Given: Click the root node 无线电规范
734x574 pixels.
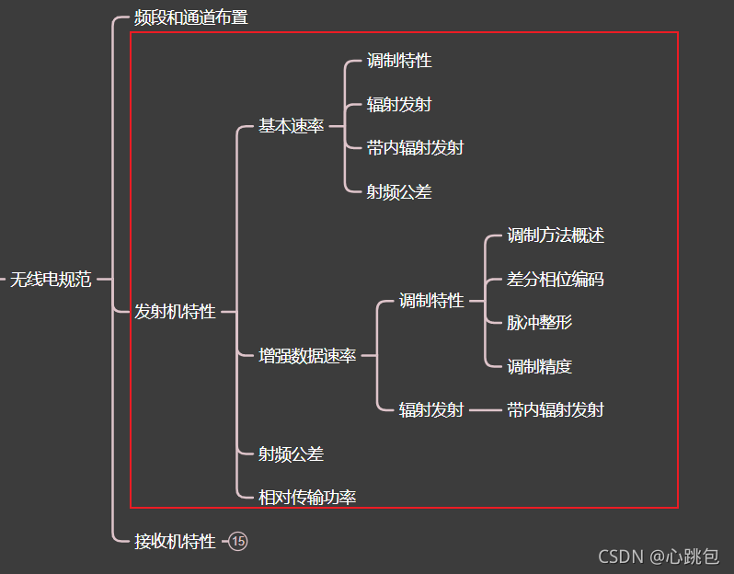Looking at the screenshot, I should click(51, 280).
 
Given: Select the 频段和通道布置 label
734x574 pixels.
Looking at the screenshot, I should click(190, 17).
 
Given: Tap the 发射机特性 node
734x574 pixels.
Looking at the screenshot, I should click(175, 312).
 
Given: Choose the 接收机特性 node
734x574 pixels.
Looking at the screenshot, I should click(175, 541).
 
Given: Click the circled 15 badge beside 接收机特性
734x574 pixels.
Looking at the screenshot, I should click(238, 541).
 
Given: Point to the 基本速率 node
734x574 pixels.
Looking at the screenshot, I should click(291, 126).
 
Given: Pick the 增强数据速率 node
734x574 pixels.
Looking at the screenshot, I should click(307, 356).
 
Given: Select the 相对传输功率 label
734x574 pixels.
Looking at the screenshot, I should click(307, 498).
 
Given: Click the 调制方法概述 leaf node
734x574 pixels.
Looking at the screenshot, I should click(556, 235).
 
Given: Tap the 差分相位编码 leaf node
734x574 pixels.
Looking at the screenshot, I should click(556, 280).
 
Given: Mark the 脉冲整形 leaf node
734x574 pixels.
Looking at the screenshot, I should click(540, 323).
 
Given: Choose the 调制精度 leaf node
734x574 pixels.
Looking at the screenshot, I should click(540, 366).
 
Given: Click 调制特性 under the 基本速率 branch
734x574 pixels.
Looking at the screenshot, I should click(399, 61).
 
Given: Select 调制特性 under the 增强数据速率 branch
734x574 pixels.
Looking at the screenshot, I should click(431, 301).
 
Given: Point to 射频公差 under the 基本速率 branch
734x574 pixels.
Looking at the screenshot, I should click(399, 192).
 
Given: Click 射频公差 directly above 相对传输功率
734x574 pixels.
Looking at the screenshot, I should click(291, 453).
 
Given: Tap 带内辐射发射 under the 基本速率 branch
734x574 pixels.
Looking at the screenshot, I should click(415, 148).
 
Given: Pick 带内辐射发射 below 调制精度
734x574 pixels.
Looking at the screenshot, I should click(556, 409).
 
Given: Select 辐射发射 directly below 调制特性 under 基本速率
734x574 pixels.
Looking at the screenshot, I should click(399, 105).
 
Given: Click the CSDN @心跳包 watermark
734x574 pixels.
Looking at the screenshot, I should click(659, 556).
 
